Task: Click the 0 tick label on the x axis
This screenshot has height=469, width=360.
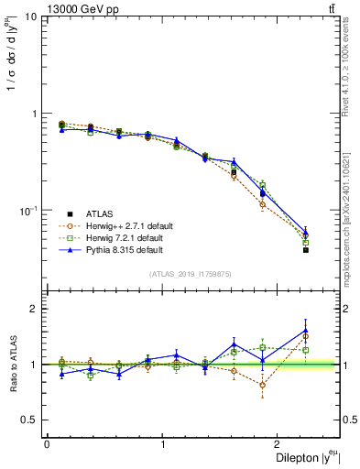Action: tap(47, 444)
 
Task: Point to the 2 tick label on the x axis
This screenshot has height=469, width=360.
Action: tap(280, 444)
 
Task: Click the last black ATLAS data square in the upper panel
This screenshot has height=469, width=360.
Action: tap(306, 250)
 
